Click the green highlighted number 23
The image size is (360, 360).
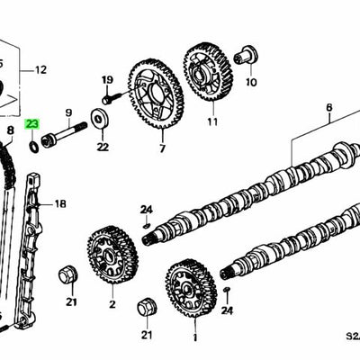(x=32, y=124)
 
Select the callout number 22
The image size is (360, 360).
(x=102, y=147)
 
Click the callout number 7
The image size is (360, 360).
(x=162, y=148)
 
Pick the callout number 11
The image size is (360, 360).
(x=212, y=121)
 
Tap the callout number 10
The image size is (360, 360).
(x=251, y=82)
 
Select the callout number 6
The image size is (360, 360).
(x=328, y=106)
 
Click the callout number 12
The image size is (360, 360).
(x=40, y=68)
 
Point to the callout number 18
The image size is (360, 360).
(x=60, y=204)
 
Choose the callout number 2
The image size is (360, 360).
(x=112, y=304)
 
